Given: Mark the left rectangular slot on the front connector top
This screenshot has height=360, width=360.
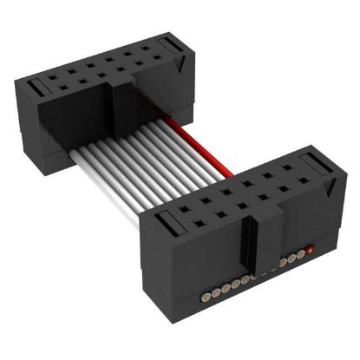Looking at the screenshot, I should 168,227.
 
